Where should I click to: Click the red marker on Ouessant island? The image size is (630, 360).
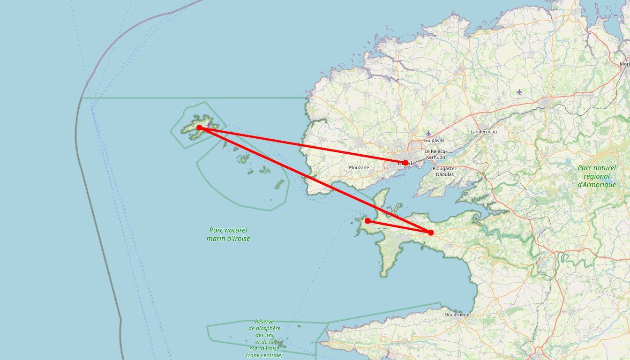(x=199, y=127)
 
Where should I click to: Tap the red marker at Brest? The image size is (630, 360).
(x=405, y=163)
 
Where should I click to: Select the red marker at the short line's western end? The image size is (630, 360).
(x=368, y=221)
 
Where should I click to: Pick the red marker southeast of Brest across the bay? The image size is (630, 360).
(x=431, y=232)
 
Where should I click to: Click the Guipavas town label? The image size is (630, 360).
(x=434, y=140)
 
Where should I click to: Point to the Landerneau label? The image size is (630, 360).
(x=483, y=132)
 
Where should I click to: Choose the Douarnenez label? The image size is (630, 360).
(x=457, y=315)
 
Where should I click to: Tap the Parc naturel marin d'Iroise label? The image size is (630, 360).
(x=228, y=234)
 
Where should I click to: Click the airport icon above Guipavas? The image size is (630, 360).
(x=428, y=134)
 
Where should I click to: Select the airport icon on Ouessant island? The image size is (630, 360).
(x=209, y=125)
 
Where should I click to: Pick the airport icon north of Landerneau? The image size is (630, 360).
(x=519, y=92)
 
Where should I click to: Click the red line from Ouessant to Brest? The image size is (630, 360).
(x=302, y=145)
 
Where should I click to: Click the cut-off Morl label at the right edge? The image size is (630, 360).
(x=624, y=64)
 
